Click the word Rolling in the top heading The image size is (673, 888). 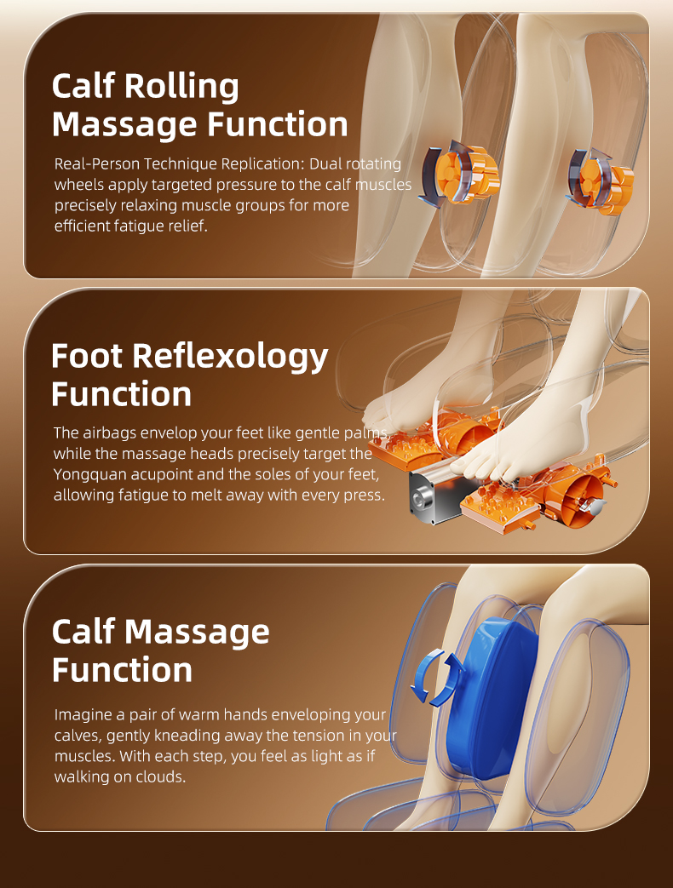pyautogui.click(x=181, y=87)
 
